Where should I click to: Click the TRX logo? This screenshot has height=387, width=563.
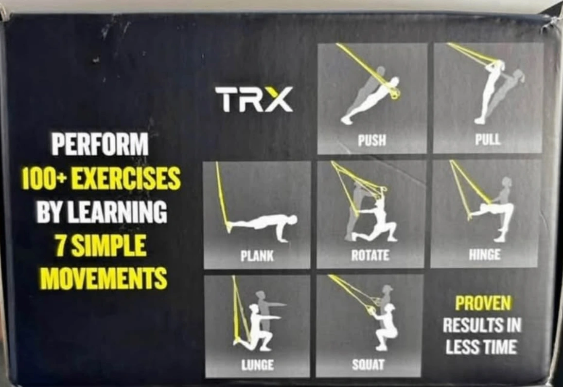coord(254,99)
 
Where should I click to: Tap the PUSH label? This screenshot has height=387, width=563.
coord(372,140)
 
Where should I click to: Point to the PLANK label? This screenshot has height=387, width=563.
coord(257,256)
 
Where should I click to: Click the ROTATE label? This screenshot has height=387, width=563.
coord(370,255)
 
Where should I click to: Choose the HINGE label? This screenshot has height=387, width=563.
coord(484,254)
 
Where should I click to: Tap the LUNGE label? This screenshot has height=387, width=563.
coord(258,365)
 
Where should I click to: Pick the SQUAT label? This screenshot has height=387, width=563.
coord(368,365)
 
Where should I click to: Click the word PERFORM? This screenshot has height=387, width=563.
coord(100,144)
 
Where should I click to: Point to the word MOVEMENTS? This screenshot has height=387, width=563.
coord(104,277)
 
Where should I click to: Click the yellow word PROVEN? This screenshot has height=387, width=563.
coord(483,303)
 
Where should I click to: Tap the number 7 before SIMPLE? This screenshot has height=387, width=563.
coord(60,245)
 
